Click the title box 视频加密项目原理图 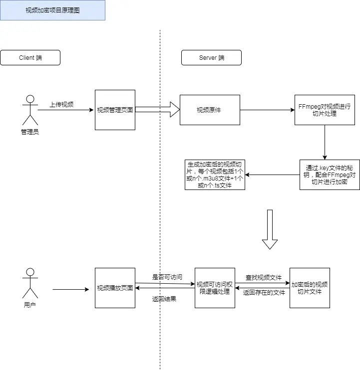pyautogui.click(x=52, y=10)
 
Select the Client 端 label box pyautogui.click(x=30, y=58)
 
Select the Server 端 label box pyautogui.click(x=211, y=58)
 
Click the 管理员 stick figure pyautogui.click(x=30, y=110)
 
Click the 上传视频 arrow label pyautogui.click(x=61, y=105)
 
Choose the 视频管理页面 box pyautogui.click(x=115, y=110)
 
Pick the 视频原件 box pyautogui.click(x=209, y=110)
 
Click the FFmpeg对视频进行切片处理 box pyautogui.click(x=325, y=110)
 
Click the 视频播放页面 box pyautogui.click(x=115, y=288)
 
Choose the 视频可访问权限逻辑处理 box pyautogui.click(x=215, y=288)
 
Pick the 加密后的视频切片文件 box pyautogui.click(x=310, y=288)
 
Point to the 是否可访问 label pyautogui.click(x=167, y=277)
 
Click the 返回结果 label pyautogui.click(x=164, y=299)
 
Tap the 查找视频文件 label pyautogui.click(x=263, y=277)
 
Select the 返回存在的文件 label pyautogui.click(x=263, y=293)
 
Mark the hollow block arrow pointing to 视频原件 pyautogui.click(x=157, y=110)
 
